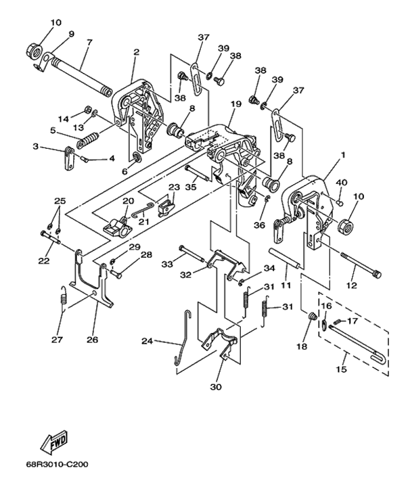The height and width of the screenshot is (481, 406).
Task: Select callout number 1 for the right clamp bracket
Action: click(x=343, y=154)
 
